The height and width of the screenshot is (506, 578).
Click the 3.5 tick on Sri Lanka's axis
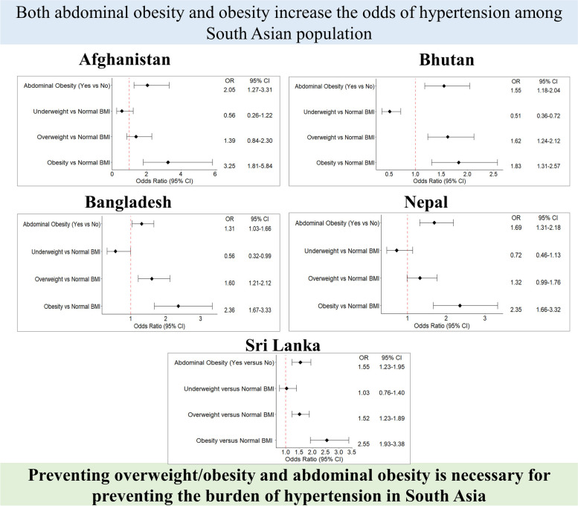pos(351,452)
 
